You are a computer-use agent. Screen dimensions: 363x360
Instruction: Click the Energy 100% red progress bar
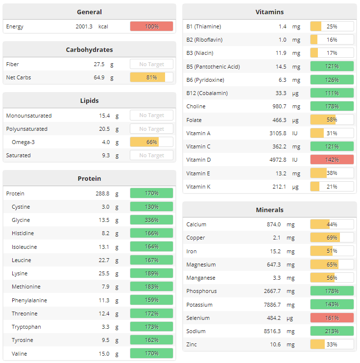151,26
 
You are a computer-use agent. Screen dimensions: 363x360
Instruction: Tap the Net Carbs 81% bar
151,77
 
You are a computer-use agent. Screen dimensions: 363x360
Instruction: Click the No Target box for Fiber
151,64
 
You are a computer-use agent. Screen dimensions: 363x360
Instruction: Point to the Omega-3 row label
24,142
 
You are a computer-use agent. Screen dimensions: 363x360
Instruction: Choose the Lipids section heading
89,100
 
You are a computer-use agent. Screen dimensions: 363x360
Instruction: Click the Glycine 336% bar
151,220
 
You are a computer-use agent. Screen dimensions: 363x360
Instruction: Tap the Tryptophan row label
26,327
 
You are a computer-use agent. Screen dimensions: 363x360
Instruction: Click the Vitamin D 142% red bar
332,160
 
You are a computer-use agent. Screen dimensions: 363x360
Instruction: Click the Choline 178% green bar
332,106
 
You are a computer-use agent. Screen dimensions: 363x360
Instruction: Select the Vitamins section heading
269,12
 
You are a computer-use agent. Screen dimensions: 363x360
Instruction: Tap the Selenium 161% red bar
332,318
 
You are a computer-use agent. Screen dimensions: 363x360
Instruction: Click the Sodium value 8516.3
272,331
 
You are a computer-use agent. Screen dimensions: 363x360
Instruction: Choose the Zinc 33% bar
332,344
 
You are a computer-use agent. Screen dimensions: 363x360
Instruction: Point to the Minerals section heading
269,210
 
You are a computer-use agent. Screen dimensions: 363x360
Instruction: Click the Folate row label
194,120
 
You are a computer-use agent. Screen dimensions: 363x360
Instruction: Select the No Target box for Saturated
151,155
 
